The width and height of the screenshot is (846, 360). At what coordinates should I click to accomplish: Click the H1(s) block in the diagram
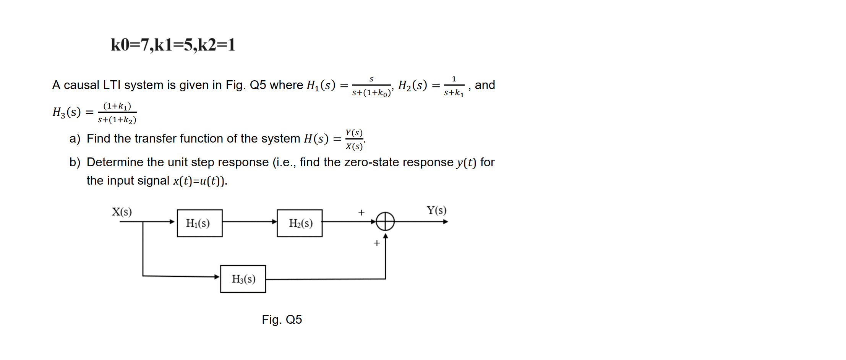tap(199, 223)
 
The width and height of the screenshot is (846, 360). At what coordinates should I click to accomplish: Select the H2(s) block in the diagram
tap(300, 223)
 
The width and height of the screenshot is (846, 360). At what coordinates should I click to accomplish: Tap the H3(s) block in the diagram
tap(243, 279)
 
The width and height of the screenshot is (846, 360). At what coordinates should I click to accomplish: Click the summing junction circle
tap(385, 221)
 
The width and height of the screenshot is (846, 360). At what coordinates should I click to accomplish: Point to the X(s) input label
tap(122, 212)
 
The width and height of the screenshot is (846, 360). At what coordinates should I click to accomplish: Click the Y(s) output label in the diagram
tap(436, 210)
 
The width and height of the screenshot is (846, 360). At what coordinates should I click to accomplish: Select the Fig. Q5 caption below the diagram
tap(282, 319)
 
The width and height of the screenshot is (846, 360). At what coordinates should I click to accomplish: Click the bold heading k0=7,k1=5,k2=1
tap(173, 45)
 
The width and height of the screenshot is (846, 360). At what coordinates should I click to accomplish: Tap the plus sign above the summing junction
tap(361, 212)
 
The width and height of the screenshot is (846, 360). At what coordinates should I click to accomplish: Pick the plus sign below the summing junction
tap(377, 243)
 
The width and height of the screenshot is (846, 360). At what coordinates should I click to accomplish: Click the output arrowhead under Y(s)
tap(445, 222)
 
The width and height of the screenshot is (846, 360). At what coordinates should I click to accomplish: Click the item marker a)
tap(75, 138)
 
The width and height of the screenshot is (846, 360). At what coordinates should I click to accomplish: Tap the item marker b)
tap(75, 162)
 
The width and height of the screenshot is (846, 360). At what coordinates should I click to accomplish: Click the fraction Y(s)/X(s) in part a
tap(354, 139)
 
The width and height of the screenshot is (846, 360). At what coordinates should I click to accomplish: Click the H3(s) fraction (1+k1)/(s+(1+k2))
tap(117, 113)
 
